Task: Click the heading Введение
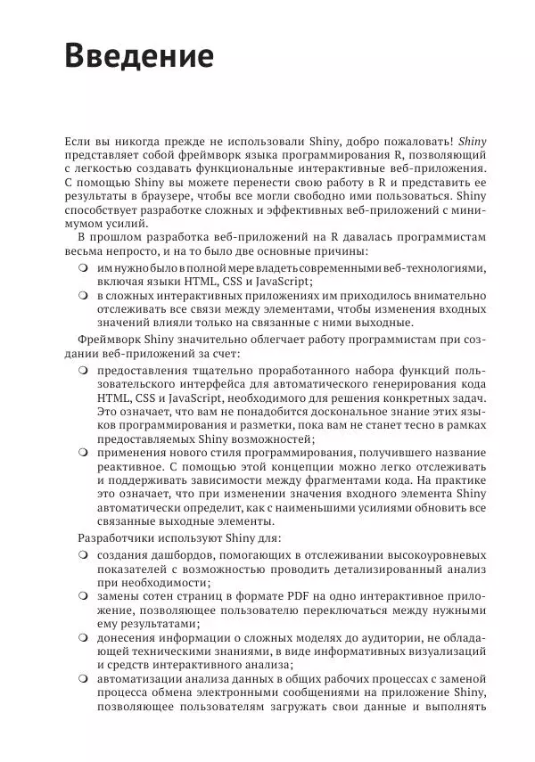(140, 56)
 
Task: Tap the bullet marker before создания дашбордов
(82, 557)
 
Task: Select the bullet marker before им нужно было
(82, 266)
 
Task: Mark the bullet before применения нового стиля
(82, 454)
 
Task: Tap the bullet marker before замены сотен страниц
(82, 594)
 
